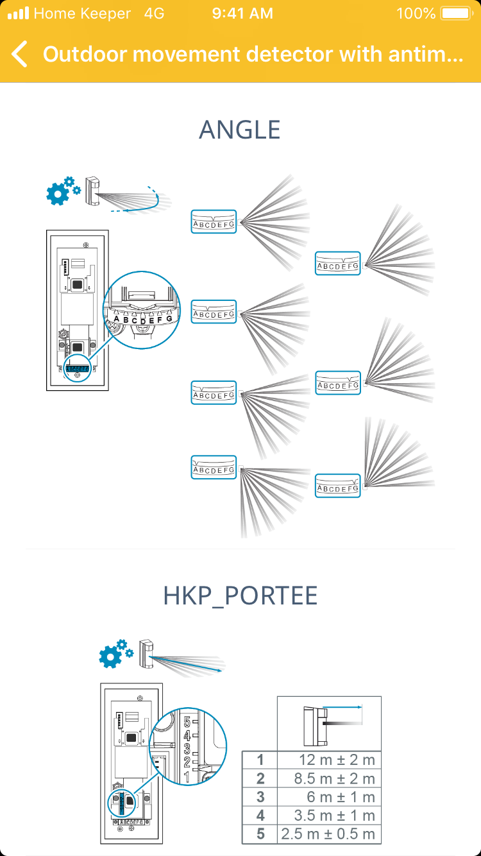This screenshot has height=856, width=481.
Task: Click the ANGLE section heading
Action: (x=240, y=130)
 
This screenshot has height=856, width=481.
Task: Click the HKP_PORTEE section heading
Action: (x=240, y=596)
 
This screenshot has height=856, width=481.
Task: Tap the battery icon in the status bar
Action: (x=455, y=13)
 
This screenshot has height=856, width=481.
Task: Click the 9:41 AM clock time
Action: (x=242, y=13)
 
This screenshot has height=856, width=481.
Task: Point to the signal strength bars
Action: (x=18, y=13)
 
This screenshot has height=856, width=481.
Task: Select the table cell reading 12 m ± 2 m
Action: (x=337, y=760)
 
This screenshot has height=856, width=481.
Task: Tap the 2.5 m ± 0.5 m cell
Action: (x=328, y=835)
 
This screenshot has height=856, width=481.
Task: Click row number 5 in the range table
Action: (x=260, y=835)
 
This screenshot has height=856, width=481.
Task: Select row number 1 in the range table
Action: (x=260, y=760)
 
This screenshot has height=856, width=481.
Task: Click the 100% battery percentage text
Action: (x=416, y=13)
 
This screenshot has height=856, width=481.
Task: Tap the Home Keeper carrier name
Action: (x=82, y=13)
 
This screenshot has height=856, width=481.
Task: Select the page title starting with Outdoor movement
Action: (x=253, y=55)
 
